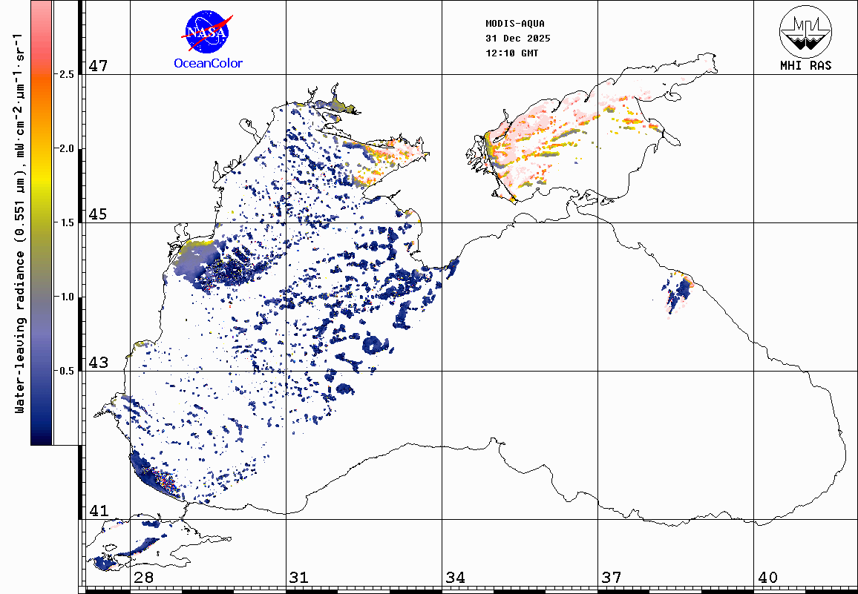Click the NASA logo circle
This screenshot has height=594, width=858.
(207, 33)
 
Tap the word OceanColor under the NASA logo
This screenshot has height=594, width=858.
(208, 63)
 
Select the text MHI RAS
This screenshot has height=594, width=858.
(805, 65)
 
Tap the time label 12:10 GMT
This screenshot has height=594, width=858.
(512, 53)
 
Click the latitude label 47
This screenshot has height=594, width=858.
(99, 66)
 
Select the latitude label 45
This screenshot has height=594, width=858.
(99, 214)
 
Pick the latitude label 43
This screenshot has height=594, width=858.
(99, 363)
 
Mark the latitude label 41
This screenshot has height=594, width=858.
(99, 511)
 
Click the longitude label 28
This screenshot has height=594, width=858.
(143, 577)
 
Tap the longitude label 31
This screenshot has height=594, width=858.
(299, 577)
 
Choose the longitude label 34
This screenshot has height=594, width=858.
(455, 577)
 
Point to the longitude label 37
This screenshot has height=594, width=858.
(611, 577)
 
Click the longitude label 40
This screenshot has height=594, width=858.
(767, 577)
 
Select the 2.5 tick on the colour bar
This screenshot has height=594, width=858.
(66, 74)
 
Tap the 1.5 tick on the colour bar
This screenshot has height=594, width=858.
(66, 222)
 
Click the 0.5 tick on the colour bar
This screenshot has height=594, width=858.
(66, 371)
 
